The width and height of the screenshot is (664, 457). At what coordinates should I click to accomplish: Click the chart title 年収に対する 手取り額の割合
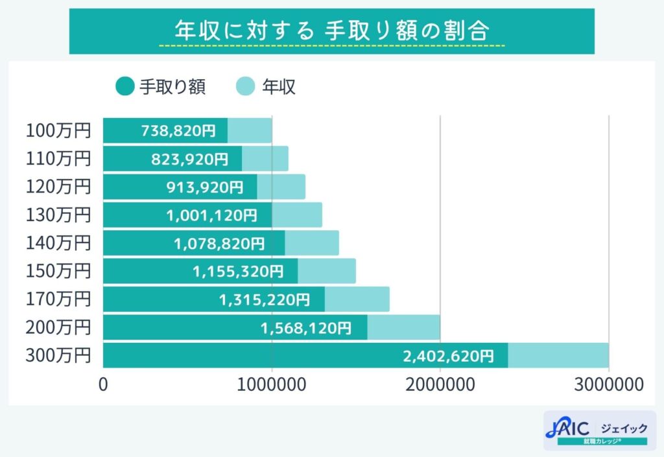[332, 30]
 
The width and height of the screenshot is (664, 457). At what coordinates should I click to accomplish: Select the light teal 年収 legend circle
[246, 86]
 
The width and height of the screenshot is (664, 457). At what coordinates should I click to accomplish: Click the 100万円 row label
[58, 130]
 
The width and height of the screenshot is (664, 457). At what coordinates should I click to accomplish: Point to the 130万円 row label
[58, 215]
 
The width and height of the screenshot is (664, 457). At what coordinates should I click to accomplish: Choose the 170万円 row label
[58, 299]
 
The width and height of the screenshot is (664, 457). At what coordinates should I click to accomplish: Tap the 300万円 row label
[58, 355]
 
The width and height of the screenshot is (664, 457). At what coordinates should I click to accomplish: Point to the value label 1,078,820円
[219, 244]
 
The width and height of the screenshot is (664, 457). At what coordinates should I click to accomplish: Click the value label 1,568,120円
[305, 328]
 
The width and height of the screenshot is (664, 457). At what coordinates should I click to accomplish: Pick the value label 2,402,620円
[448, 356]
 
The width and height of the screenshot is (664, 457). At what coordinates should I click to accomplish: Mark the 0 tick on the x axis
[103, 384]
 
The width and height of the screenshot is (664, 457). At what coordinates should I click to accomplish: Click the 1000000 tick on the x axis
[272, 384]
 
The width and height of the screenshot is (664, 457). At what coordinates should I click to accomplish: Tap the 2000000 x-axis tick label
[440, 384]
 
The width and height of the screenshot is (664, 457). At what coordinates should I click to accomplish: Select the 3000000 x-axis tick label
[609, 384]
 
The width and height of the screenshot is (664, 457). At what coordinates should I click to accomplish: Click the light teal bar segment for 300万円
[558, 356]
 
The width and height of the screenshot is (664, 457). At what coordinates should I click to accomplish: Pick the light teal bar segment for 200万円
[404, 328]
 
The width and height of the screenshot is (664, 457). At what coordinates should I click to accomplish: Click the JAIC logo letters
[567, 428]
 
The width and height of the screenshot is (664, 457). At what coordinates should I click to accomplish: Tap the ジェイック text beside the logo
[624, 428]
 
